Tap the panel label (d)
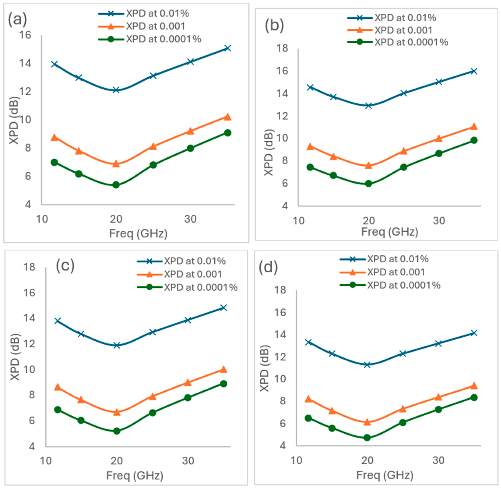click(x=268, y=268)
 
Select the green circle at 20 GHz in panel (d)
click(x=367, y=437)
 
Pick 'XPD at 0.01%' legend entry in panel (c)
click(x=181, y=261)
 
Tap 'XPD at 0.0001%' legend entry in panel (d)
click(x=390, y=285)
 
